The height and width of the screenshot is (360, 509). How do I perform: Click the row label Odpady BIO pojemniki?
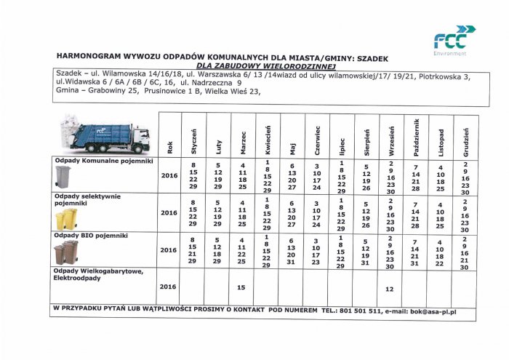coord(92,236)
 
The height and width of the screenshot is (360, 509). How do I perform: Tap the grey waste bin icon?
coord(63,177)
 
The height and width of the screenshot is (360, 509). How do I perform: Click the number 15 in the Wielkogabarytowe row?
coord(241,288)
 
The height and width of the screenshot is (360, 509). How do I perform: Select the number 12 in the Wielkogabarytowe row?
coord(390,289)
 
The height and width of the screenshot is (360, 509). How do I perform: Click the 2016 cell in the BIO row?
coord(169,249)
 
